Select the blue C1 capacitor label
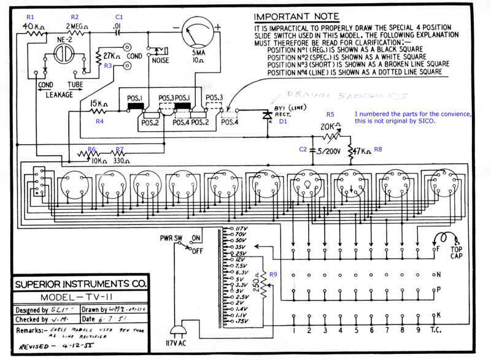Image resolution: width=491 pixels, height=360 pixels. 119,17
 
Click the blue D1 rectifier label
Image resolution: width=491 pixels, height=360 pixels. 283,121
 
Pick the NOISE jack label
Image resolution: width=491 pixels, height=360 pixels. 160,61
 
